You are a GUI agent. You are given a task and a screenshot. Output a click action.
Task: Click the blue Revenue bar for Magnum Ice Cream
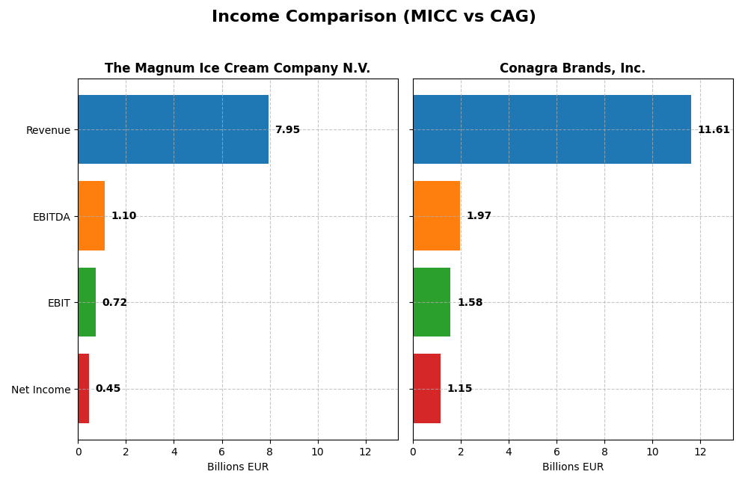(173, 129)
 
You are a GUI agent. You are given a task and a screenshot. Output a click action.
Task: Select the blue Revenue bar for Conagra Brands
(551, 129)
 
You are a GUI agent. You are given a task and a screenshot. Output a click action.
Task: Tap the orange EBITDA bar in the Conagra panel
(436, 215)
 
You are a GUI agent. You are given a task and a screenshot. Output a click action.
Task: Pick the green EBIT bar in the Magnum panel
(87, 302)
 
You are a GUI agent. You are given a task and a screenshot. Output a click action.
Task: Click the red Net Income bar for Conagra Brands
(426, 388)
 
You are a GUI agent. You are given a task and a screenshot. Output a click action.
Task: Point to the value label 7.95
(287, 130)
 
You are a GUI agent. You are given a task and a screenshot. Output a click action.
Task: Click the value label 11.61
(714, 130)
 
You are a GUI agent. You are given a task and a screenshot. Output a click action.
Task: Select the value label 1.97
(479, 216)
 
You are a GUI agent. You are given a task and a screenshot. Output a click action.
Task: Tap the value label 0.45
(108, 389)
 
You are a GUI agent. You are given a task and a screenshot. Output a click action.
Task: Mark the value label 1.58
(470, 303)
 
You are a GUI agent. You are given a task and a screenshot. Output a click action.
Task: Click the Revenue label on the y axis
(48, 130)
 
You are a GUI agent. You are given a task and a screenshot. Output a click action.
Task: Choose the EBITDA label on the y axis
(51, 217)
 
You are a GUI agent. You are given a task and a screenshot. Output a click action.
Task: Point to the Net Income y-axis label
(40, 390)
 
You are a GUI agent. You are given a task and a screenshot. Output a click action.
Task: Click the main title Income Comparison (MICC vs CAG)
(373, 16)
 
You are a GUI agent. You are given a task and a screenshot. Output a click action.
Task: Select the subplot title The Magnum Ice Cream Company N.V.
(237, 69)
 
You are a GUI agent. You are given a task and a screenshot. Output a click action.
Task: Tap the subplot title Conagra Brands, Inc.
(572, 69)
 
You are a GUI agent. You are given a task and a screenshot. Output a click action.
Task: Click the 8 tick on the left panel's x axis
(270, 452)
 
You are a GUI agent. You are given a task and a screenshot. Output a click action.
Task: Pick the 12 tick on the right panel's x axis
(700, 452)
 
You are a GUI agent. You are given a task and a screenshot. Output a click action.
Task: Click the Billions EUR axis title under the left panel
(237, 467)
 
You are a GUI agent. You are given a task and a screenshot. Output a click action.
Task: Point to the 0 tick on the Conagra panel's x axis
(413, 452)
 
